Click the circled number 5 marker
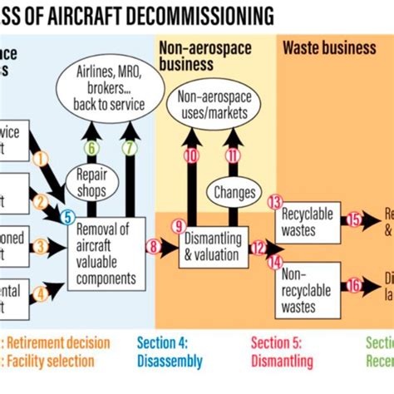coord(67,216)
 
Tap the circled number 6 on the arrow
coord(93,148)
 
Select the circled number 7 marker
coord(129,148)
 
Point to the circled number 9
coord(176,225)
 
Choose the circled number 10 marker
coord(192,155)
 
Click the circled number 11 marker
coord(233,155)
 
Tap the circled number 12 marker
coord(258,246)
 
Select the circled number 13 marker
coord(275,202)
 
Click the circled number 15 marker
coord(354,219)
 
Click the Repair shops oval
coord(93,182)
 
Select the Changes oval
coord(234,192)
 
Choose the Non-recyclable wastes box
coord(308,290)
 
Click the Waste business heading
coord(329,48)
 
